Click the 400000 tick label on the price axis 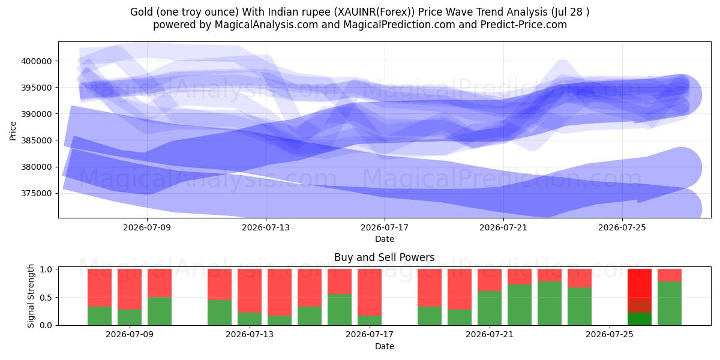37,61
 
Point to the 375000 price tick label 37,193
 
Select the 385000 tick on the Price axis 37,140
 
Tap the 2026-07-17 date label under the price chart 385,227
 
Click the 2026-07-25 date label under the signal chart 610,334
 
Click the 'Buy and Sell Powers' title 385,257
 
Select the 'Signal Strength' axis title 31,296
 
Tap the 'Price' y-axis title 13,131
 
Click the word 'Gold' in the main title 142,12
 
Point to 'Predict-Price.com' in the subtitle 524,25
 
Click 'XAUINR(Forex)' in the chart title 374,12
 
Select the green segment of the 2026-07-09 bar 130,317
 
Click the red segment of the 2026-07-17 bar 370,292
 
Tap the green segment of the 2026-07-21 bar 490,308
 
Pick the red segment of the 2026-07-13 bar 250,290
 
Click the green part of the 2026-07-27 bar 670,304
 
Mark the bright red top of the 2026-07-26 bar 640,284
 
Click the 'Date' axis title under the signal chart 385,346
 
